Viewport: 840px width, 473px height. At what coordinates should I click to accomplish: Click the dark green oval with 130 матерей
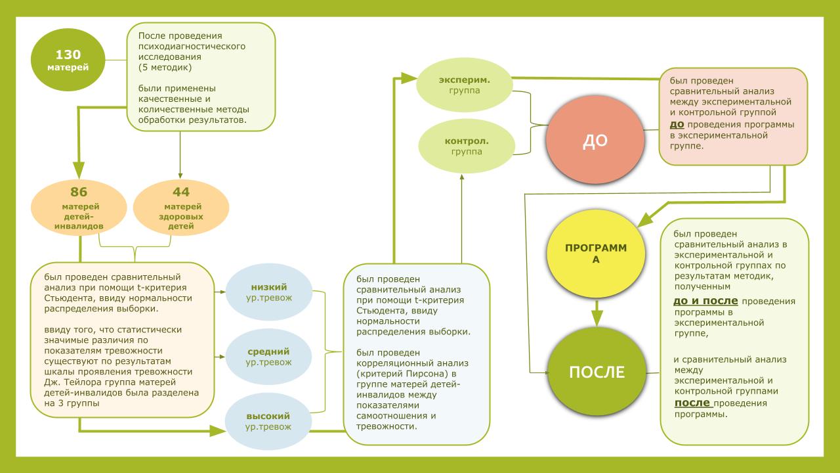[x=68, y=60]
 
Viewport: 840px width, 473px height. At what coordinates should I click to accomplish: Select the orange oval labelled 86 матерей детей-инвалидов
[x=79, y=208]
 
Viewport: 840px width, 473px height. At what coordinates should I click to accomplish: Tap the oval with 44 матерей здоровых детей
[x=181, y=208]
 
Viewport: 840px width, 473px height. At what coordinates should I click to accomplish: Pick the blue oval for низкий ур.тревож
[x=268, y=292]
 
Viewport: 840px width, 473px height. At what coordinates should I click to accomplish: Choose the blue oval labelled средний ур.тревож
[x=268, y=357]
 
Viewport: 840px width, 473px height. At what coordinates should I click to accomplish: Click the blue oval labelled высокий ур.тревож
[x=268, y=421]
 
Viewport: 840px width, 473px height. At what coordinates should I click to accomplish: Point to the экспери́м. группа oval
[x=465, y=85]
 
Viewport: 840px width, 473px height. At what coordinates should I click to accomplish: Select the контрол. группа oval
[x=465, y=146]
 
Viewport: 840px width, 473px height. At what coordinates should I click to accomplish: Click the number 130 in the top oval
[x=68, y=55]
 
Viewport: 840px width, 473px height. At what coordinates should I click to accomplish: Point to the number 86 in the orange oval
[x=79, y=192]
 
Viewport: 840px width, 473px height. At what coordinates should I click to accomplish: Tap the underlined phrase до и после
[x=705, y=302]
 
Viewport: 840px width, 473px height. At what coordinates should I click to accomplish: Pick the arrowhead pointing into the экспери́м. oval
[x=410, y=79]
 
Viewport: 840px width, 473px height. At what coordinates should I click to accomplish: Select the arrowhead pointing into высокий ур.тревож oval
[x=217, y=431]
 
